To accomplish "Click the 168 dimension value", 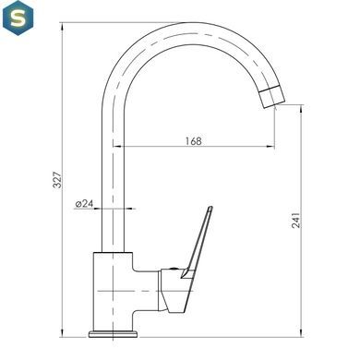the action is click(194, 141).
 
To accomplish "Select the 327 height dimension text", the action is click(57, 180).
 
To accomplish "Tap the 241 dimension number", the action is click(295, 220).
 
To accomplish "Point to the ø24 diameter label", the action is click(84, 203).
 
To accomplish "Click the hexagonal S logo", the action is click(18, 18).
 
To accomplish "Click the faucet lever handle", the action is click(198, 242).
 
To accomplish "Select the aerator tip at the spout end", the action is click(271, 96).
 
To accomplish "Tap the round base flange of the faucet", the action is click(113, 333).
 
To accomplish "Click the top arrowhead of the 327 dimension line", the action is click(63, 27).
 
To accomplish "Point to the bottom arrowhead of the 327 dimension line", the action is click(63, 333).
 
